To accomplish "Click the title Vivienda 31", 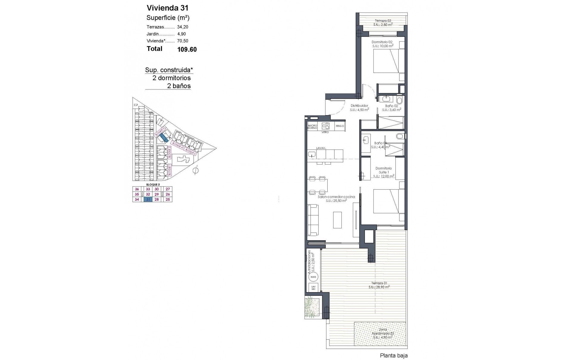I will click(x=167, y=8).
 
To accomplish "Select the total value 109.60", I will click(x=187, y=49).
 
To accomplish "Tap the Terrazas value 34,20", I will click(x=183, y=27).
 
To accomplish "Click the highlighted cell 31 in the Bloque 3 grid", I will click(x=148, y=199).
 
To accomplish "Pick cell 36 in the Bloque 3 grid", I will click(x=137, y=189).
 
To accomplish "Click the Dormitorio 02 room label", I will click(x=382, y=42).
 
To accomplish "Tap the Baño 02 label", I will click(x=391, y=106).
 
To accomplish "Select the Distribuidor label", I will click(x=359, y=106).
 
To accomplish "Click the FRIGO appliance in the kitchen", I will click(x=340, y=126).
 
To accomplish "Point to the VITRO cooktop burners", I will click(x=325, y=126).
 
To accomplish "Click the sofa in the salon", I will click(x=313, y=220).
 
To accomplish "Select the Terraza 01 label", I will click(x=379, y=283).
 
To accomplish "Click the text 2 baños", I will click(x=179, y=86).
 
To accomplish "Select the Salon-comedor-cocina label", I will click(x=336, y=197).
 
